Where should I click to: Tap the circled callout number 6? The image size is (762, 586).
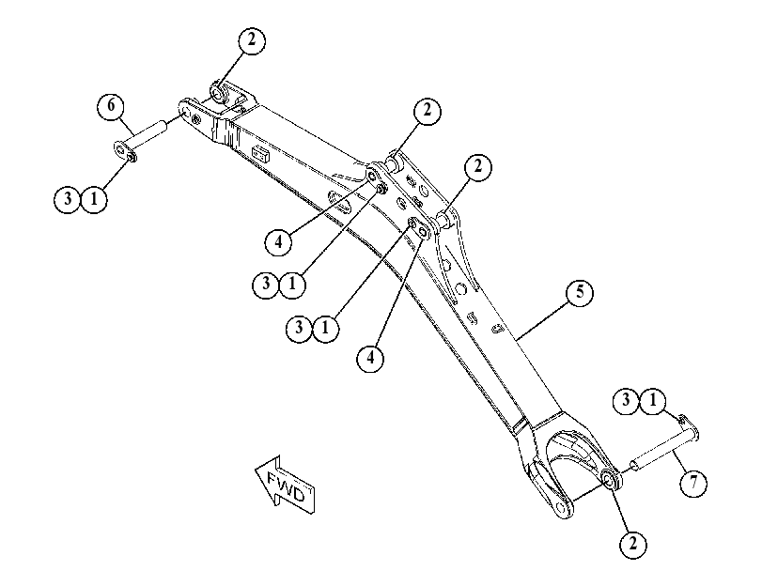point(111,105)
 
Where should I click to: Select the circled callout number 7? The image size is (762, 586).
point(693,483)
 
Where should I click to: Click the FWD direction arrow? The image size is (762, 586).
point(286,485)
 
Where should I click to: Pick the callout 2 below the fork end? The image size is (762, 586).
point(632,544)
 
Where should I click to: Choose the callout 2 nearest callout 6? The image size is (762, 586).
point(251,39)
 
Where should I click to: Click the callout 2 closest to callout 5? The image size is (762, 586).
point(478,167)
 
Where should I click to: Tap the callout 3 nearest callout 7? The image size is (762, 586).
point(626,400)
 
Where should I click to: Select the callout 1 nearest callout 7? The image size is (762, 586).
point(652,400)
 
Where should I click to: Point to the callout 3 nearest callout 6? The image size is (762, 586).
point(68,199)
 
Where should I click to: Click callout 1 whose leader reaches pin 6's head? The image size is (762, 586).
point(94,199)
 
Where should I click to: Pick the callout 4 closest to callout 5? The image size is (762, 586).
point(370,358)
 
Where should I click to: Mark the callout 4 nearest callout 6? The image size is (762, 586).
point(278,240)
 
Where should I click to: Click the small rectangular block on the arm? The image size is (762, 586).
point(261,154)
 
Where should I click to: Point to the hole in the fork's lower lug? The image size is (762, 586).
point(562,508)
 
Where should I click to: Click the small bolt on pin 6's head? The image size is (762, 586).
point(132,156)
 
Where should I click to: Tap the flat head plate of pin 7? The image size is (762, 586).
point(691,427)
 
